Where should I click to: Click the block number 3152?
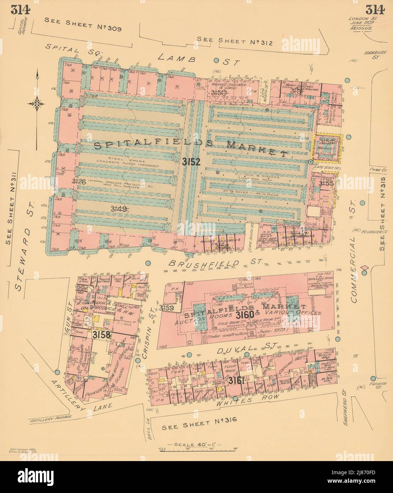191,162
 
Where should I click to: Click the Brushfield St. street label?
215,263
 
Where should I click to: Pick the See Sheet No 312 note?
235,41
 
